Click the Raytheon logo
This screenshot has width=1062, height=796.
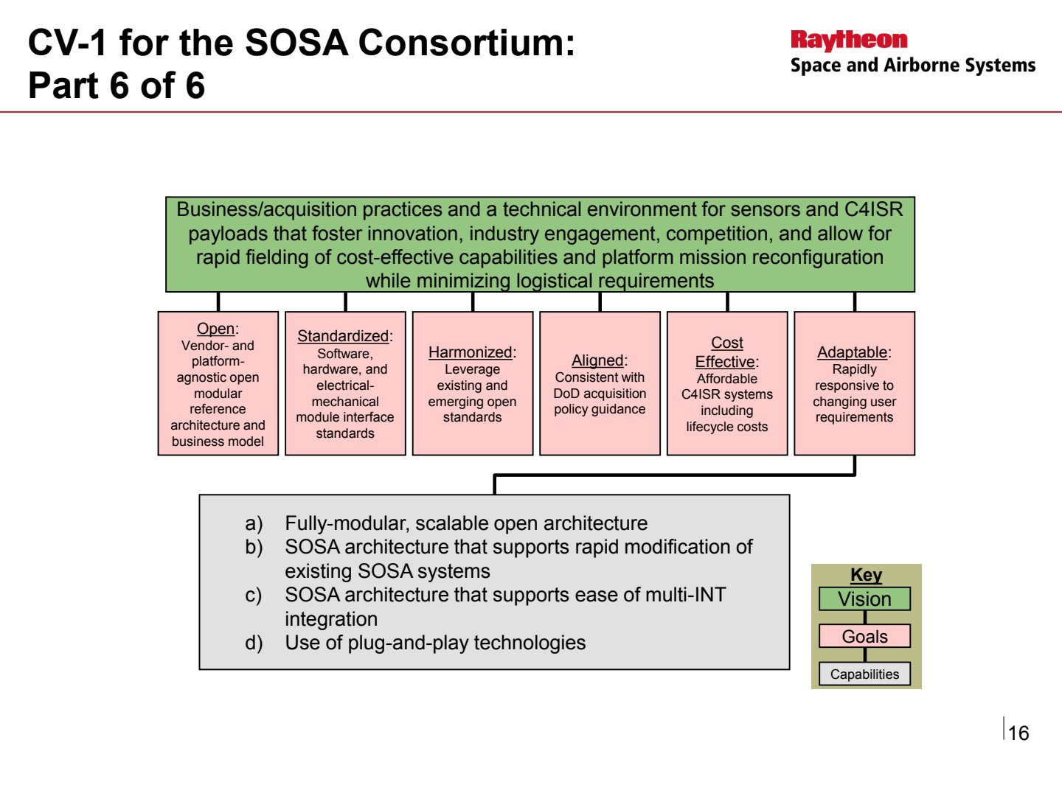tap(849, 41)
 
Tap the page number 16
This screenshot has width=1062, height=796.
tap(1018, 733)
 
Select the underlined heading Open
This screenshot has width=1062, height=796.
tap(216, 329)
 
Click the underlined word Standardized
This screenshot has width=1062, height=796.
tap(343, 336)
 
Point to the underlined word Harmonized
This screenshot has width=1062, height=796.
tap(471, 352)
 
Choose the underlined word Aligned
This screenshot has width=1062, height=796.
tap(597, 360)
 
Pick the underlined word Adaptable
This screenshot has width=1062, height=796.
tap(853, 352)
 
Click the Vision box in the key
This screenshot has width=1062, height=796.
tap(864, 598)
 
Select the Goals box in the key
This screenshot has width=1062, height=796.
tap(864, 636)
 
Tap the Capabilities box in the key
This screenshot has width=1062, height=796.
tap(864, 674)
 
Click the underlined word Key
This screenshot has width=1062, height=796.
tap(866, 575)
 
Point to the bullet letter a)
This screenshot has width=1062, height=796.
tap(254, 523)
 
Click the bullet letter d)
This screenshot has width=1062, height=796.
tap(254, 643)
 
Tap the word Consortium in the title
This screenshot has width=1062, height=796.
tap(466, 43)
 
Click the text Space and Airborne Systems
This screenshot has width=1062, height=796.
tap(913, 66)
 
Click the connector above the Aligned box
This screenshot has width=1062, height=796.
tap(600, 301)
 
